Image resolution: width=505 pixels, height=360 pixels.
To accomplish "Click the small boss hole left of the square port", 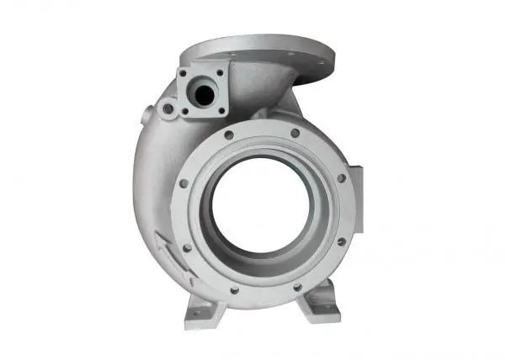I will (167, 109).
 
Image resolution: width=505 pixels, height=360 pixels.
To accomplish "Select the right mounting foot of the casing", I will (320, 302).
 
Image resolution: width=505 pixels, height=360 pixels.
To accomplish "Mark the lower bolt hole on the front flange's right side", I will (341, 241).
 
